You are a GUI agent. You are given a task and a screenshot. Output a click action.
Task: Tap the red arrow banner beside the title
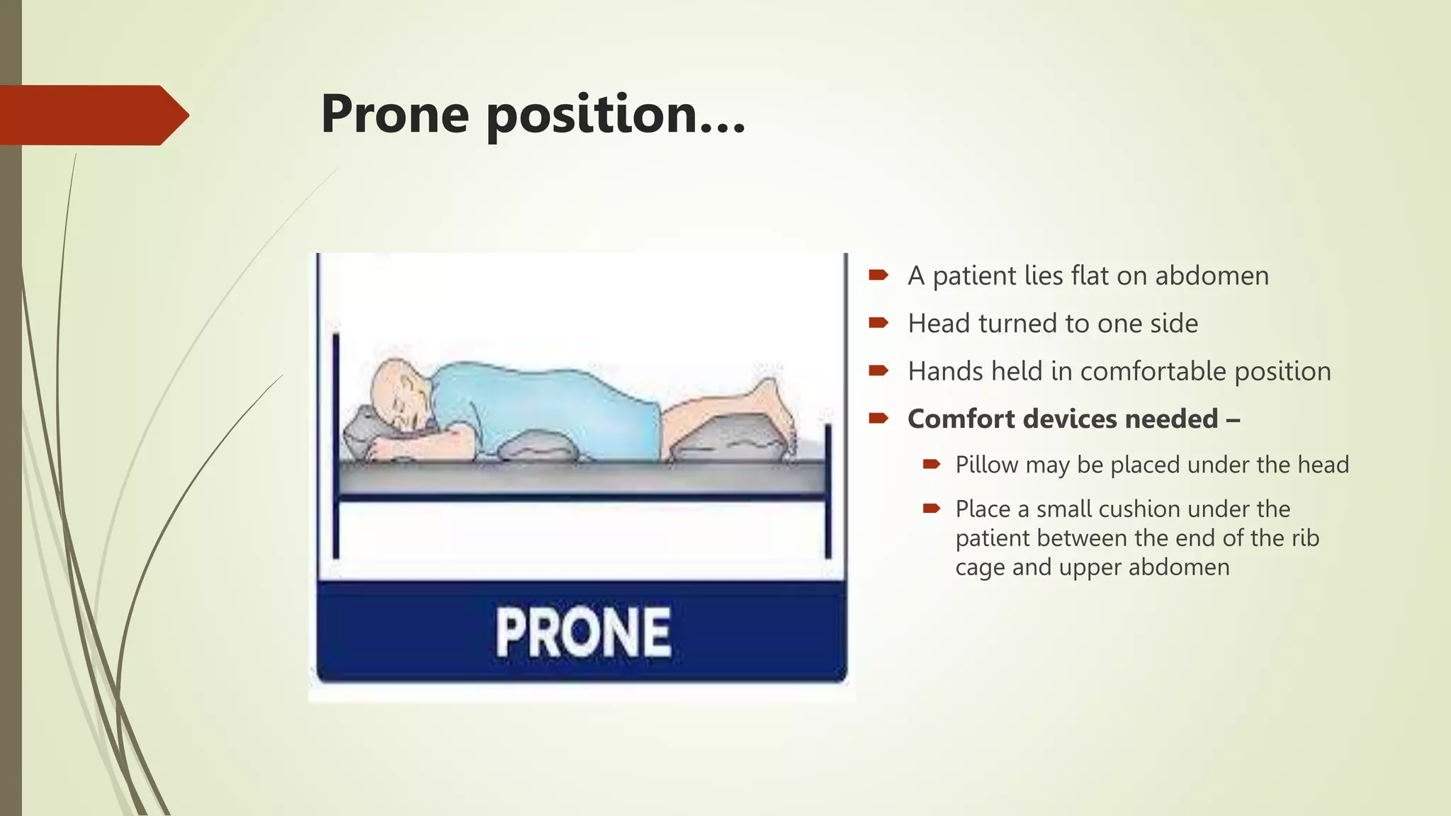coord(92,115)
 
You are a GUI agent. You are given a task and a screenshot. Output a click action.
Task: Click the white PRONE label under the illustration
coord(582,633)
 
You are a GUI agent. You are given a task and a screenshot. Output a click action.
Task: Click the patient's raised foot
coord(772,404)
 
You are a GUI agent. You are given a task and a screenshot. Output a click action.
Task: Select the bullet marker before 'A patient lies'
coord(879,275)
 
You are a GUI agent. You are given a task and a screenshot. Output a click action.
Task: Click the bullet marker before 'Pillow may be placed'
coord(932,464)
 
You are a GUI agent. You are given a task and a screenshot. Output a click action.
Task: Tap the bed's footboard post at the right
coord(828,489)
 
